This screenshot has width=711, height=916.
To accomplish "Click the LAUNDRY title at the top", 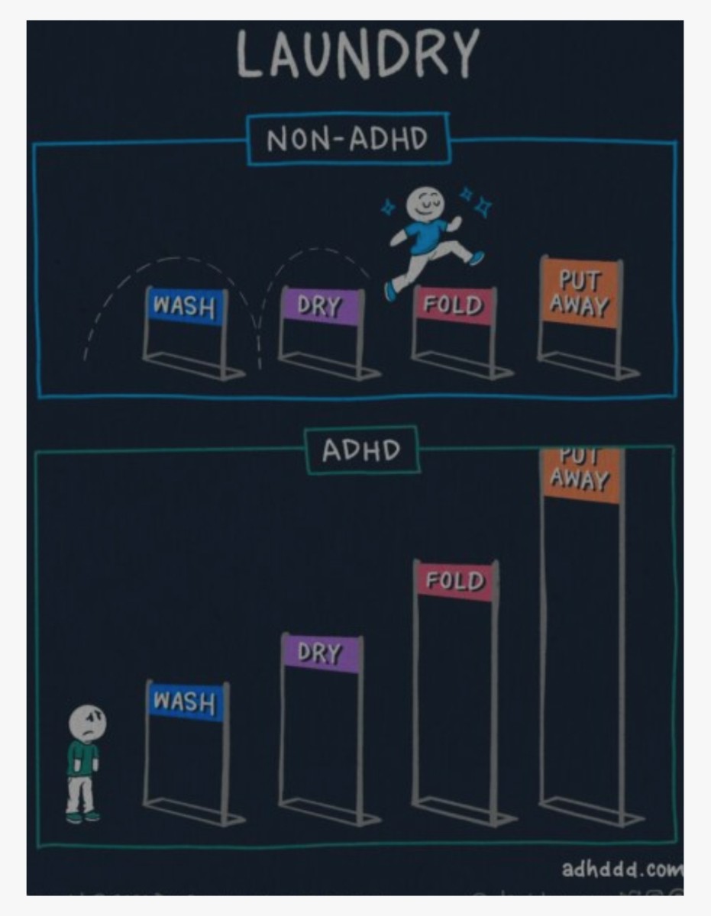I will (357, 55).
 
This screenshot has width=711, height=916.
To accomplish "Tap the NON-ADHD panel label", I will (348, 140).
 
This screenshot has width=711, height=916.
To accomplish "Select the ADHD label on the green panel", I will (361, 450).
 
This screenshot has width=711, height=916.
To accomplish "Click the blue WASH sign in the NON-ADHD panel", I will (185, 306).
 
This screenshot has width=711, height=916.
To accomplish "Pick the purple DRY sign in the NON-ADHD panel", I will (320, 306).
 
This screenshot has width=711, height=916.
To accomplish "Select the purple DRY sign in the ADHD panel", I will (320, 653).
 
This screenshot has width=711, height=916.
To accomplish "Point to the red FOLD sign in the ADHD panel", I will (455, 581).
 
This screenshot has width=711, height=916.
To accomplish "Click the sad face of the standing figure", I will (88, 721).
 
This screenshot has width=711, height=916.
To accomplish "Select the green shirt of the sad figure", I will (82, 758).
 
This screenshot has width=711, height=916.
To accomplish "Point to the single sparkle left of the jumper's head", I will (388, 206).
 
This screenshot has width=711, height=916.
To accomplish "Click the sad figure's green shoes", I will (82, 817).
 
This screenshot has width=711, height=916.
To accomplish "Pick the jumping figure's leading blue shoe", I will (477, 258).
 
